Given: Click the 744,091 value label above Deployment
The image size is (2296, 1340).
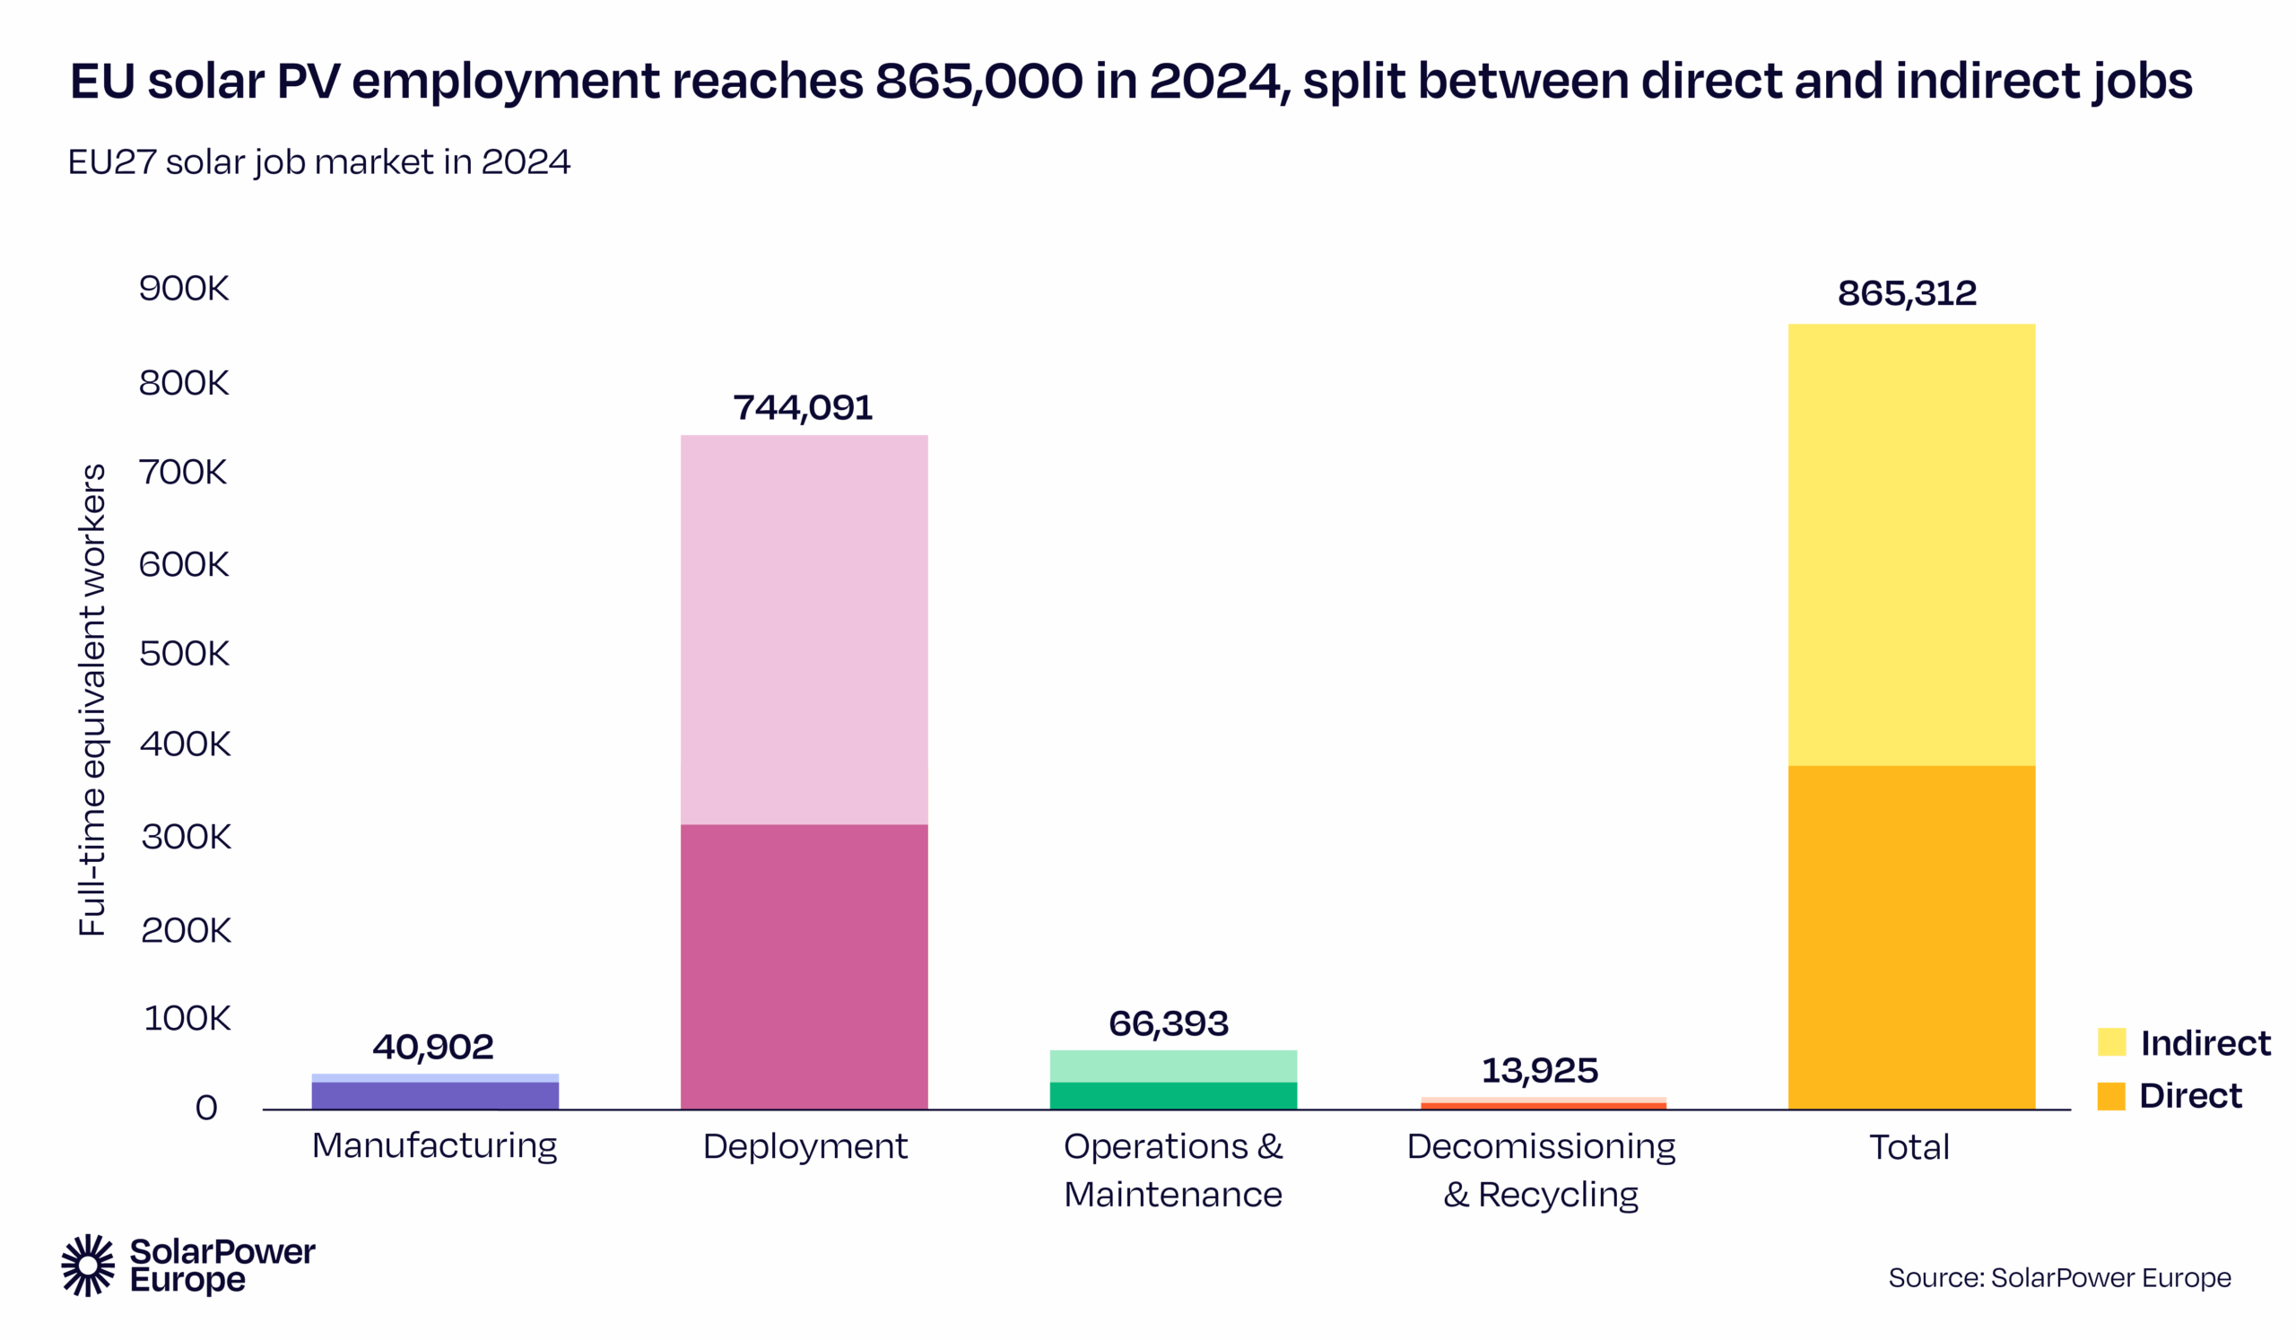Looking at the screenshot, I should point(803,407).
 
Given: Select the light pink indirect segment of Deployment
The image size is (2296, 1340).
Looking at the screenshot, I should point(804,629).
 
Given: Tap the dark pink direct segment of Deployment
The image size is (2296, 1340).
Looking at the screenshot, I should point(804,966).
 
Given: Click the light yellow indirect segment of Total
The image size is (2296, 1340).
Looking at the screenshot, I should point(1910,544).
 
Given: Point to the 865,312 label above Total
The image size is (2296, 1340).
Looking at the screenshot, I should point(1906,293).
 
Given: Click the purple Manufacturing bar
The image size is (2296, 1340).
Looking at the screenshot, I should point(435,1095).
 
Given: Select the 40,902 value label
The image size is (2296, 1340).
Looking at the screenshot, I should point(433,1047).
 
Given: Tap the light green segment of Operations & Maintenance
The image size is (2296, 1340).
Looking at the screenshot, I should point(1172,1066).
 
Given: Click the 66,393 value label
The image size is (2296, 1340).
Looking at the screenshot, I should point(1168,1024).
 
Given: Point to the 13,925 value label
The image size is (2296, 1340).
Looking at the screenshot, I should point(1539,1070).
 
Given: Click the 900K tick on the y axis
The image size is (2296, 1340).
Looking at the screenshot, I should point(183,289).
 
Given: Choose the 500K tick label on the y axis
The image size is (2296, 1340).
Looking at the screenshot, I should point(184,654).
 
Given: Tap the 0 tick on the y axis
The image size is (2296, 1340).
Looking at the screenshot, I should point(207,1108).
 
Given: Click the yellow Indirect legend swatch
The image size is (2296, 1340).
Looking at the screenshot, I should point(2111,1042).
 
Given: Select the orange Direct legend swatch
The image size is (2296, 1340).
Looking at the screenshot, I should point(2111,1096).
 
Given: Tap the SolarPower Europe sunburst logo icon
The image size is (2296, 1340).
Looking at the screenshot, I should point(89,1265).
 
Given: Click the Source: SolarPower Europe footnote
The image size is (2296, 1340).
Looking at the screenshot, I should point(2059,1277).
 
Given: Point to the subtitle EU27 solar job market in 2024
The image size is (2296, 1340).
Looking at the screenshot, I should point(319,162).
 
